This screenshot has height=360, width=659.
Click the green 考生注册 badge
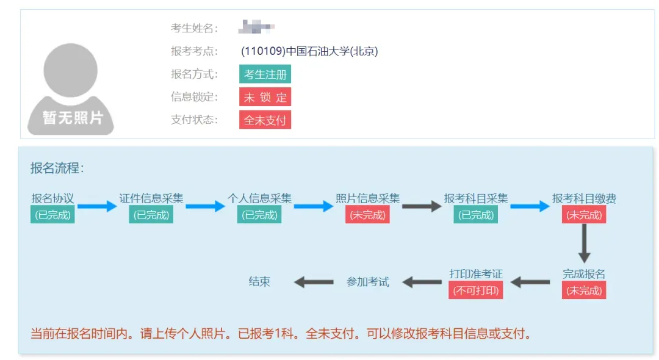265,74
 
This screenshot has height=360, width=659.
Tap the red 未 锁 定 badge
265,97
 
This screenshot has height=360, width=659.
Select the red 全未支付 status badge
265,120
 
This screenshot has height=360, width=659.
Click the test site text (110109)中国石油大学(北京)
309,51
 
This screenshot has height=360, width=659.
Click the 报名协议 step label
53,198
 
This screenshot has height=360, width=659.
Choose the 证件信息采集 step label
151,198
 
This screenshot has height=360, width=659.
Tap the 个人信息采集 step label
259,198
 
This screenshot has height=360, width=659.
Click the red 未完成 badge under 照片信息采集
367,215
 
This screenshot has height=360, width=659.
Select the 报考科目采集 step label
476,198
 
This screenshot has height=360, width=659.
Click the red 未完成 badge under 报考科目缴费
584,215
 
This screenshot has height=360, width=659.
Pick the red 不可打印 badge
476,290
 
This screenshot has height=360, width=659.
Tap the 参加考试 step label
367,282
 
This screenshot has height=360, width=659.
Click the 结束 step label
259,282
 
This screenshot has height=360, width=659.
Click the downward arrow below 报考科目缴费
584,243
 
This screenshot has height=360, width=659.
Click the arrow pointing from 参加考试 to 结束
314,282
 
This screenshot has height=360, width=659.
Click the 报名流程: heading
57,168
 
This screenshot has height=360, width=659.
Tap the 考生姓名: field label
194,28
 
